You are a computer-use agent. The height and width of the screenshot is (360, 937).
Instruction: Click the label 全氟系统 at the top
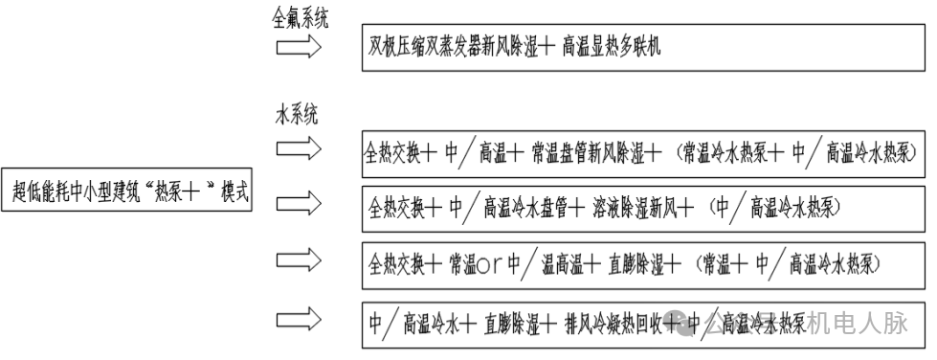pos(301,16)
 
